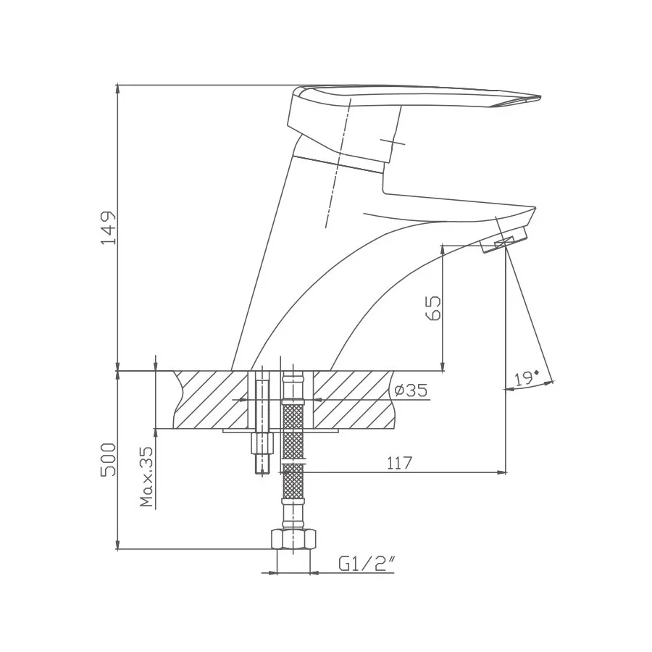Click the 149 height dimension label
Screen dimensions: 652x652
point(108,228)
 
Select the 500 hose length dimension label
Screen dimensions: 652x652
point(108,459)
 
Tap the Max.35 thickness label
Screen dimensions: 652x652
point(147,476)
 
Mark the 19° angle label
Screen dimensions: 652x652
point(526,378)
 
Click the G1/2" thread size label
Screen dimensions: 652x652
point(366,562)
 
